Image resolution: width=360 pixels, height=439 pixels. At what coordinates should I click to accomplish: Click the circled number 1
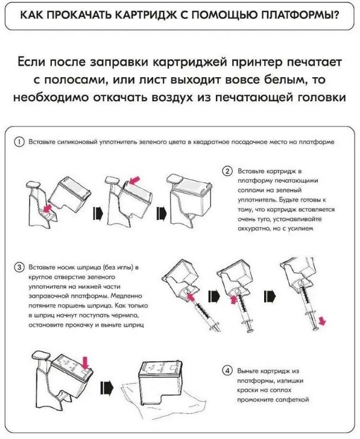19,142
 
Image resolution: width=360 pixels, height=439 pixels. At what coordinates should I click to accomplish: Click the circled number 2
227,171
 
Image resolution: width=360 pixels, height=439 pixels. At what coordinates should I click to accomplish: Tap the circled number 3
19,267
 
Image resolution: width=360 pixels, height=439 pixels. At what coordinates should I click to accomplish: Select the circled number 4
227,371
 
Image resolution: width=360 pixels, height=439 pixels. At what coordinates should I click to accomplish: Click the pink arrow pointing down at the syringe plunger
323,321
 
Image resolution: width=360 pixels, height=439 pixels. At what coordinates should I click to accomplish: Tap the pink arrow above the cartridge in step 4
86,363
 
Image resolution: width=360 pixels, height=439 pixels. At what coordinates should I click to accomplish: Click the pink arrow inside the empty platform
47,208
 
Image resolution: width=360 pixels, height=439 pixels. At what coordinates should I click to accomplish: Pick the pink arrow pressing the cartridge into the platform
134,181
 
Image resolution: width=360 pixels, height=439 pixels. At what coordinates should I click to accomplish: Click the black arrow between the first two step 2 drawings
98,213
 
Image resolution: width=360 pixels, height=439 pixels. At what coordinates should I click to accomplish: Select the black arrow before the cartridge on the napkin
107,388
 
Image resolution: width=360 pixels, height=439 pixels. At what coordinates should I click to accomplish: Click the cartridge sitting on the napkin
160,382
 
